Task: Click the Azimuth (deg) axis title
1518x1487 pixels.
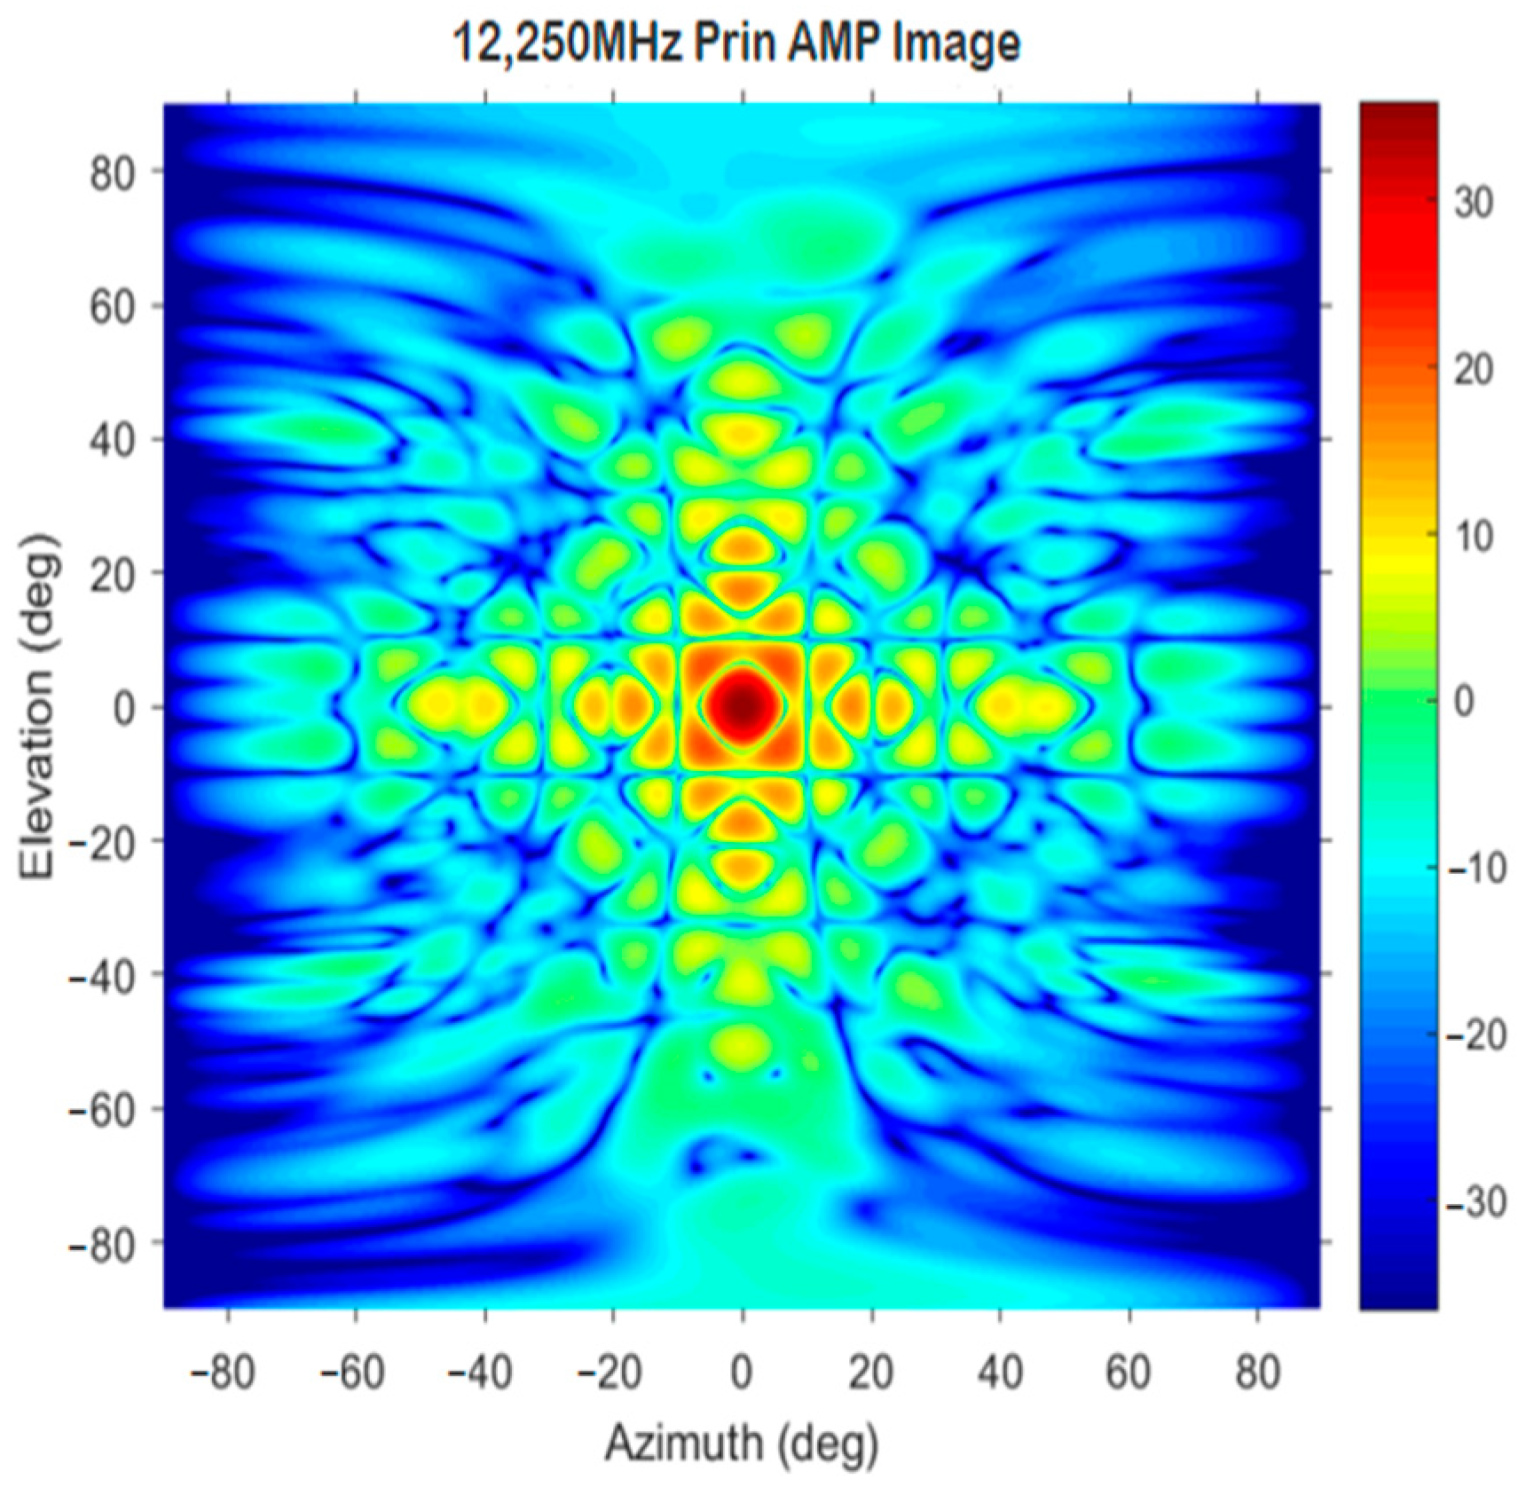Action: [x=742, y=1442]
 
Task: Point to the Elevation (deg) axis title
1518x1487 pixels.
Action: [x=37, y=707]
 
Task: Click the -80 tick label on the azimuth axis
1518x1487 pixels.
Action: [x=223, y=1372]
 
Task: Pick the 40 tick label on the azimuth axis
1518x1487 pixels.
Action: [x=1000, y=1372]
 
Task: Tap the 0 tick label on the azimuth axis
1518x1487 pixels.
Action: [x=742, y=1372]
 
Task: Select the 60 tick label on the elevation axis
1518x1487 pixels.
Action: [x=114, y=307]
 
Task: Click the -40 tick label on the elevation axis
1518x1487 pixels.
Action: [x=103, y=975]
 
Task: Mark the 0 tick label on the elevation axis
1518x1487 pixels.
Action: [x=125, y=707]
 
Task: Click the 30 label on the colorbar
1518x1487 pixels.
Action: [x=1474, y=202]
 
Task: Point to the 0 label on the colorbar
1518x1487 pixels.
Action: [x=1464, y=702]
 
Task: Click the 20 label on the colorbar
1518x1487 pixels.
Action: [x=1474, y=369]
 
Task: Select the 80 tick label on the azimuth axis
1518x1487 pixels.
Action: [x=1257, y=1372]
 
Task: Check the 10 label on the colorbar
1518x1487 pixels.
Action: [x=1474, y=535]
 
